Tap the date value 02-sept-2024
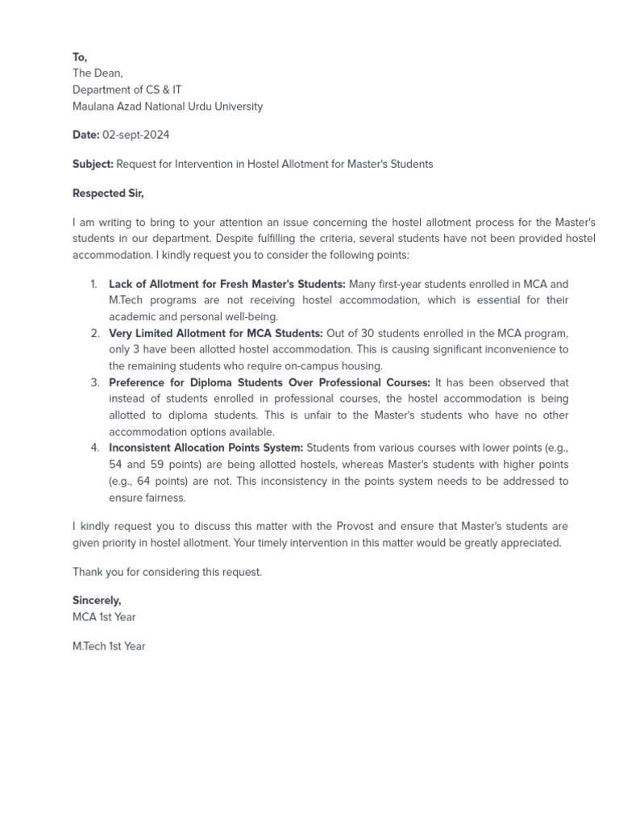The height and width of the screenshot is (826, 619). pyautogui.click(x=135, y=135)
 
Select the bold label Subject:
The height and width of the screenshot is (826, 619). pyautogui.click(x=93, y=164)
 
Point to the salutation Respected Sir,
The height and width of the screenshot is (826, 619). pyautogui.click(x=108, y=194)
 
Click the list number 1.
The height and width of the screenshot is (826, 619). pyautogui.click(x=93, y=284)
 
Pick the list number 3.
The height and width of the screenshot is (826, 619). pyautogui.click(x=94, y=382)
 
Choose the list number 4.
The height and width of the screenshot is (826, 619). pyautogui.click(x=94, y=448)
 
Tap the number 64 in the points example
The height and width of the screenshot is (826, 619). pyautogui.click(x=143, y=481)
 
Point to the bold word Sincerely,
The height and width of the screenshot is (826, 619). pyautogui.click(x=97, y=601)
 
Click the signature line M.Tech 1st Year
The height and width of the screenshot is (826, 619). pyautogui.click(x=109, y=646)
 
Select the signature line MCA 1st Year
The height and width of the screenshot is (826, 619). pyautogui.click(x=104, y=617)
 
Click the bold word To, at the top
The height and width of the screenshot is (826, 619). pyautogui.click(x=80, y=57)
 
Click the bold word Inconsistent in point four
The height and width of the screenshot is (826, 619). pyautogui.click(x=140, y=448)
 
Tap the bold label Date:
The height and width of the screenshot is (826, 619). pyautogui.click(x=86, y=135)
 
